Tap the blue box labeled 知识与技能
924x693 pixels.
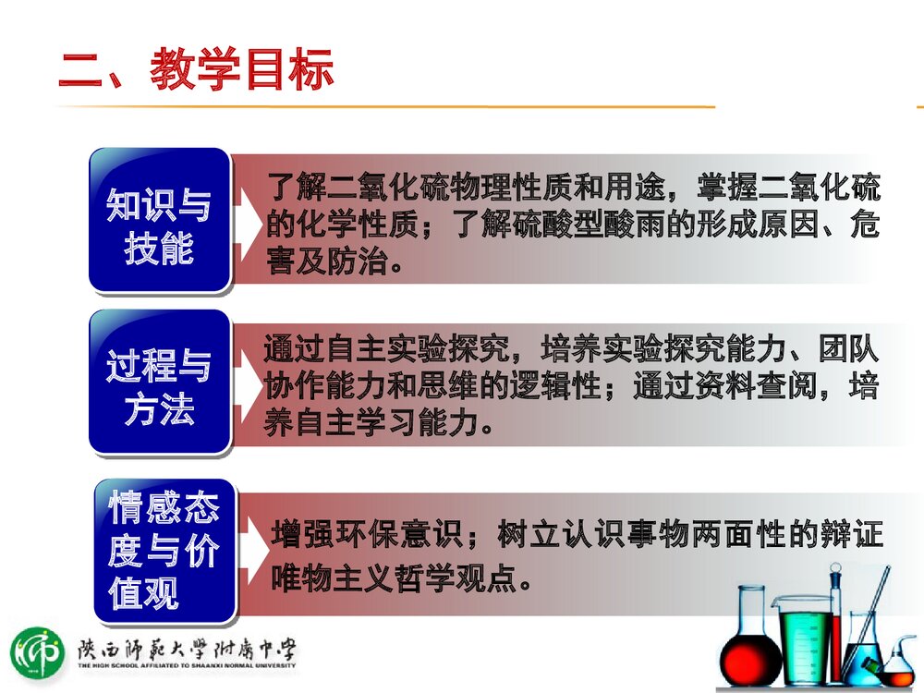159,219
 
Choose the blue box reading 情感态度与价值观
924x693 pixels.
164,550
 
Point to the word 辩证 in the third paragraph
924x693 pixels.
851,536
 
